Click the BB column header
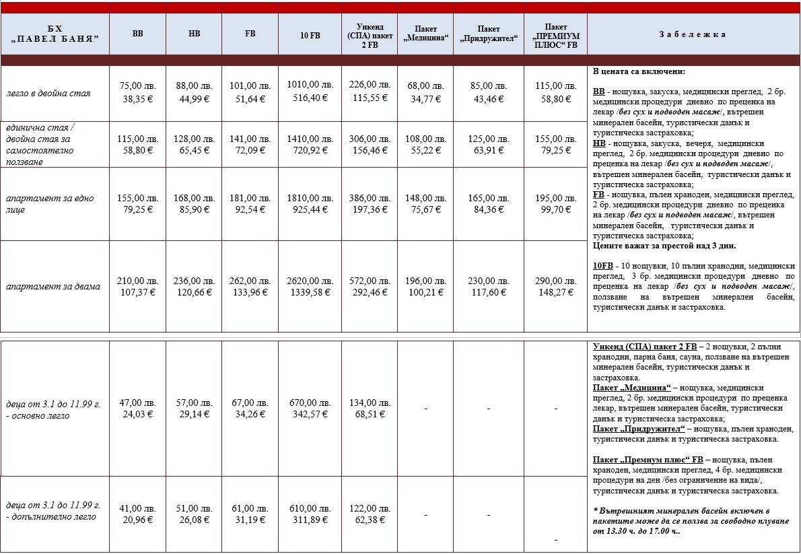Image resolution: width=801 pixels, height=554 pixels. (x=137, y=35)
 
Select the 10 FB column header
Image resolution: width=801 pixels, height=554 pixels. (x=310, y=35)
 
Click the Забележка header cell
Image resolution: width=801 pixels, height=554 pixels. (x=693, y=35)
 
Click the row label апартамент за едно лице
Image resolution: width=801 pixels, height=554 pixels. (x=50, y=203)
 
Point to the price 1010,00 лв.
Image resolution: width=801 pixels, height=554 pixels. (x=310, y=85)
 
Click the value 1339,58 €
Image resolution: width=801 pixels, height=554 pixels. (x=310, y=292)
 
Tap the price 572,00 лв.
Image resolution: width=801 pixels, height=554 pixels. (x=370, y=280)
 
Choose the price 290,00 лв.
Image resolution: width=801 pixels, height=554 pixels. (x=555, y=280)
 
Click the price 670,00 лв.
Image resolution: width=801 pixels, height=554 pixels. (x=310, y=403)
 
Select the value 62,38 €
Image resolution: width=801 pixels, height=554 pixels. (x=370, y=520)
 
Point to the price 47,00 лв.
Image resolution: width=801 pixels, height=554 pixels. (x=137, y=403)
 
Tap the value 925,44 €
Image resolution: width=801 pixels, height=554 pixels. (x=310, y=209)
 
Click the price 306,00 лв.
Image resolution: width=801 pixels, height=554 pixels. (x=370, y=138)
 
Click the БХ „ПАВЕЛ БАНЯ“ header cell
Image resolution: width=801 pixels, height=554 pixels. (x=55, y=35)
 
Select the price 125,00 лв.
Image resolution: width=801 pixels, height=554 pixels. (x=488, y=138)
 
